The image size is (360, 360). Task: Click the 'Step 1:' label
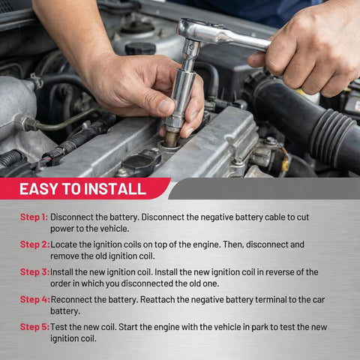pyautogui.click(x=34, y=217)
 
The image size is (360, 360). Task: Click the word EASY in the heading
pyautogui.click(x=38, y=189)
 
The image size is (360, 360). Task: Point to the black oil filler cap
pyautogui.click(x=140, y=48)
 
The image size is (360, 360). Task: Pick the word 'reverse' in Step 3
pyautogui.click(x=267, y=271)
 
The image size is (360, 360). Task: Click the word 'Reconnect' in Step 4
pyautogui.click(x=75, y=299)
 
